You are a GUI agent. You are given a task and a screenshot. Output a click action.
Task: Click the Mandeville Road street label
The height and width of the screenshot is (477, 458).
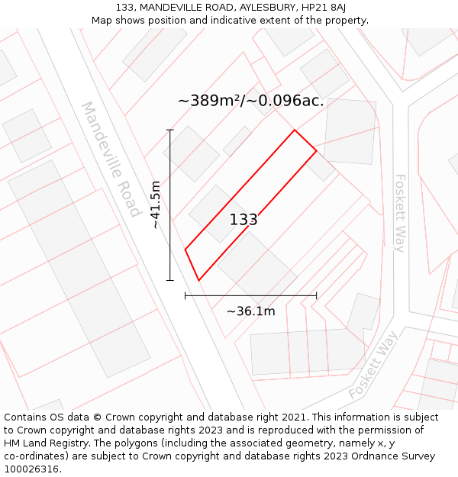111,159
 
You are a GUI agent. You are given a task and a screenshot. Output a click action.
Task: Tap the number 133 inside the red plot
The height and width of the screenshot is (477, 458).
244,220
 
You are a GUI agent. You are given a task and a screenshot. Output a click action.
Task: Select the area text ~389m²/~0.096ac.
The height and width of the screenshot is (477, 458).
250,101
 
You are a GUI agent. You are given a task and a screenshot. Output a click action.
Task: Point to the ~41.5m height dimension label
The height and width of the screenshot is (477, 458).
155,205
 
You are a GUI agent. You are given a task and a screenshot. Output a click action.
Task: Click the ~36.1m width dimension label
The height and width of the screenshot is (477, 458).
250,311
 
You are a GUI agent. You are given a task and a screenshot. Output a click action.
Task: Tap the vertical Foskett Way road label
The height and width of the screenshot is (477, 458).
399,213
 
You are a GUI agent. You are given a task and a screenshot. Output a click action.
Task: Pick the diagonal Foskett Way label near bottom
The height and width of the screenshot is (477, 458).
373,365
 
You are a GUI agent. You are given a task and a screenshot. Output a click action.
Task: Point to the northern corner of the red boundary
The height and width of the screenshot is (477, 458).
295,131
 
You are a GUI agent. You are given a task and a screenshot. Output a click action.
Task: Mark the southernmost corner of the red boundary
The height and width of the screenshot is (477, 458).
198,280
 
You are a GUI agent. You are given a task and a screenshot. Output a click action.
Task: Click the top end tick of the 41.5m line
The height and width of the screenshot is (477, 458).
170,131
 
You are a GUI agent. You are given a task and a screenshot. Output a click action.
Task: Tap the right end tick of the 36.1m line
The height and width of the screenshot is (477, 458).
316,295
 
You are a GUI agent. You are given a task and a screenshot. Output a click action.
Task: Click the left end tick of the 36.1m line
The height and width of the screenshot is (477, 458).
185,295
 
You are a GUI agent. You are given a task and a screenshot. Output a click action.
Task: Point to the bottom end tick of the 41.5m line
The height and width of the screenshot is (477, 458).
170,280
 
